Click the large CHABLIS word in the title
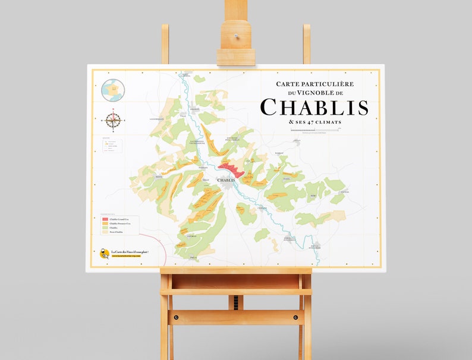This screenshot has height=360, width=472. click(x=314, y=108)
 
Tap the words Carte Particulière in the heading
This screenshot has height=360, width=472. click(x=314, y=84)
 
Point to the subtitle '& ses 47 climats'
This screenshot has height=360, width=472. click(x=314, y=122)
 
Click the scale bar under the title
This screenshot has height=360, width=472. click(x=314, y=130)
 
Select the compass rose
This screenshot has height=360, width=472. click(x=114, y=120)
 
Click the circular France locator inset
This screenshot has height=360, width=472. click(x=112, y=90)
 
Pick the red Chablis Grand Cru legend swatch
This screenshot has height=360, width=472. click(x=105, y=219)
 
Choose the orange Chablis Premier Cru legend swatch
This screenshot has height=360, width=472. click(x=105, y=224)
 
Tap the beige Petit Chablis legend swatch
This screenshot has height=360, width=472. click(x=105, y=232)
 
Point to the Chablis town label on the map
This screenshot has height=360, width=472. click(x=226, y=179)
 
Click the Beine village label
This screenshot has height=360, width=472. click(x=159, y=176)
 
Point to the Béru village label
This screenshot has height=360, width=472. click(x=313, y=195)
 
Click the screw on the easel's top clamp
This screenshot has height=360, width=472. click(x=236, y=36)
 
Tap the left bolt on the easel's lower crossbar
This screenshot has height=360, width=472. click(x=176, y=317)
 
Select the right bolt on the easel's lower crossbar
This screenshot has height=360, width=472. click(x=295, y=317)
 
